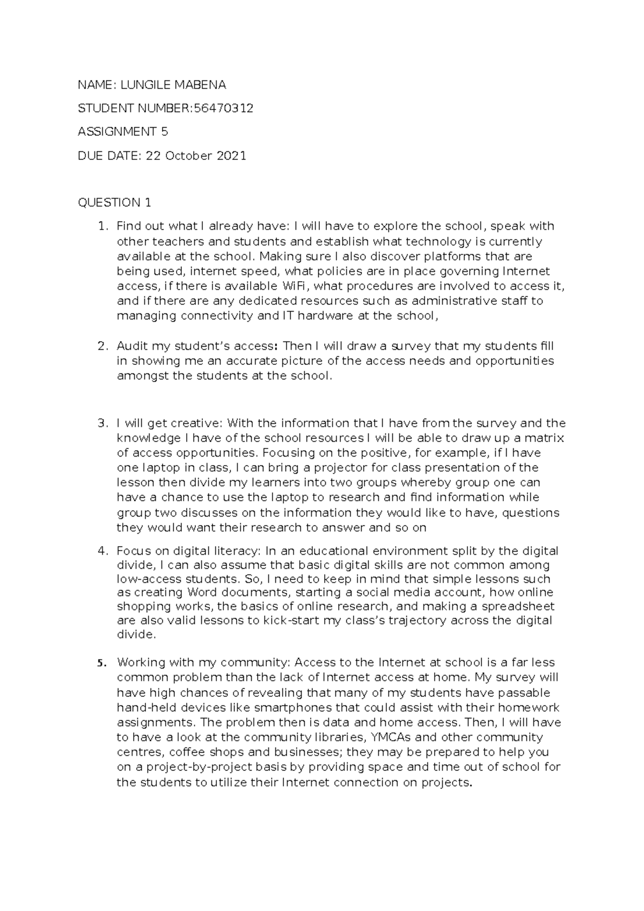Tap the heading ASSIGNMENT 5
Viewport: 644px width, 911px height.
tap(123, 132)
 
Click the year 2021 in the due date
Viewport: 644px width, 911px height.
tap(231, 156)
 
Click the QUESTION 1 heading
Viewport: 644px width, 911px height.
tap(114, 202)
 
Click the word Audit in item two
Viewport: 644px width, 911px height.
tap(133, 346)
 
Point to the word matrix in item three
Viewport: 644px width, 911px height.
tap(545, 438)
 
